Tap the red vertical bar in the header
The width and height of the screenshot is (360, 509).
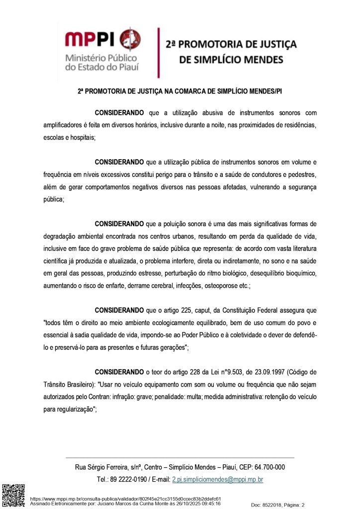tap(159, 53)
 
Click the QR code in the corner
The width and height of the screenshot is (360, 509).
tap(13, 495)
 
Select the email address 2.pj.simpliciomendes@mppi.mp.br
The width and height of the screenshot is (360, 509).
tap(217, 480)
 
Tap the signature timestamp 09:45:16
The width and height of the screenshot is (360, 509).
tap(210, 503)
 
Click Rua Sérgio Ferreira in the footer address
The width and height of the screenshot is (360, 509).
tap(99, 467)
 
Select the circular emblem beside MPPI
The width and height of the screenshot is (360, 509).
tap(130, 39)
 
